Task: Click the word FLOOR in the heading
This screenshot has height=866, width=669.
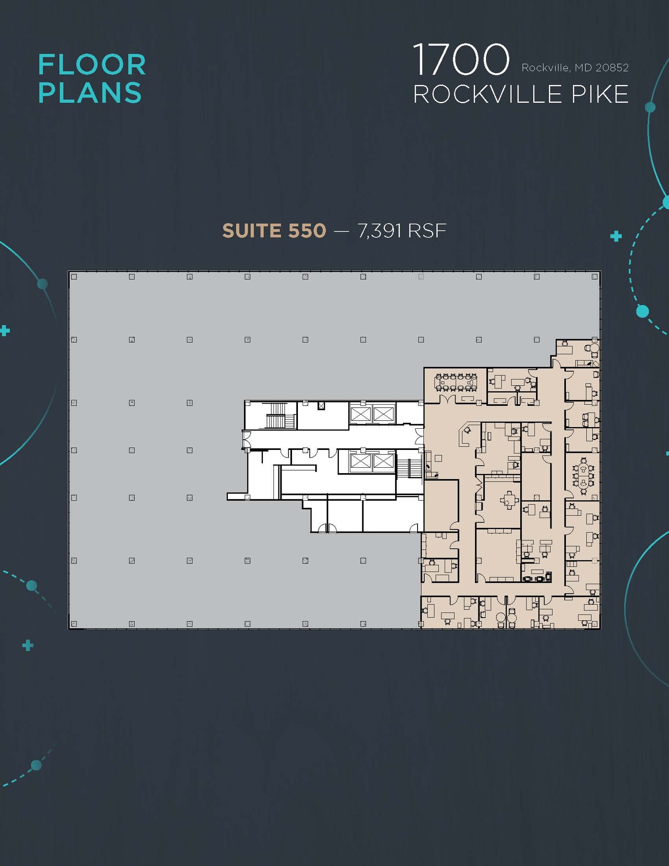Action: click(x=92, y=65)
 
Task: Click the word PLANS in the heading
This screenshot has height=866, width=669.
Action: click(x=90, y=93)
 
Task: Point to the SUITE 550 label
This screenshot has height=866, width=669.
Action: click(x=274, y=231)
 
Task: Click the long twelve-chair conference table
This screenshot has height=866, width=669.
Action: click(x=456, y=382)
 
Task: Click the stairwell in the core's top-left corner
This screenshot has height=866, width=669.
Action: click(x=279, y=416)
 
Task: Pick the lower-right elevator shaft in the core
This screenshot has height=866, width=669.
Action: click(x=383, y=462)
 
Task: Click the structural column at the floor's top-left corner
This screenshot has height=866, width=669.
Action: click(x=74, y=277)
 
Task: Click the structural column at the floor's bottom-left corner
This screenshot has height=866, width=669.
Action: click(x=74, y=624)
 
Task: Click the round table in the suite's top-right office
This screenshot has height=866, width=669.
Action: click(x=593, y=348)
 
